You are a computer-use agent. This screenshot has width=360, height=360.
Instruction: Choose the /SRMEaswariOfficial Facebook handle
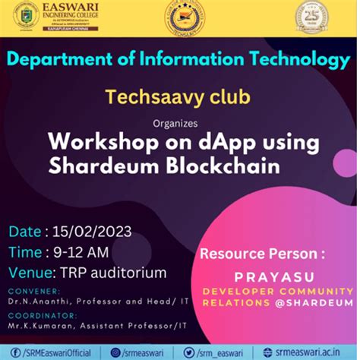point(52,353)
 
